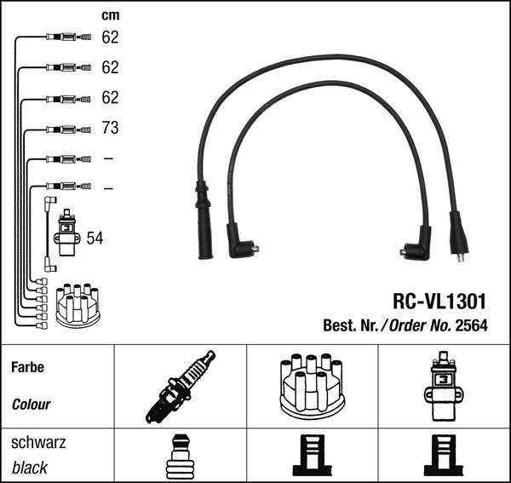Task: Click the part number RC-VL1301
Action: pyautogui.click(x=439, y=302)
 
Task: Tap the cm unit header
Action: pyautogui.click(x=110, y=15)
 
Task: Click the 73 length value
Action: pyautogui.click(x=110, y=129)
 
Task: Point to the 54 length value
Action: pyautogui.click(x=95, y=239)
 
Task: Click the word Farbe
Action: pyautogui.click(x=27, y=368)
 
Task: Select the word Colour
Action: pyautogui.click(x=32, y=405)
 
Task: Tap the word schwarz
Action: pyautogui.click(x=37, y=443)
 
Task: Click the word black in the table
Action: pyautogui.click(x=30, y=468)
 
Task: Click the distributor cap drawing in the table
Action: pyautogui.click(x=311, y=386)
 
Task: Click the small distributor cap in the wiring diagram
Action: pyautogui.click(x=78, y=304)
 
